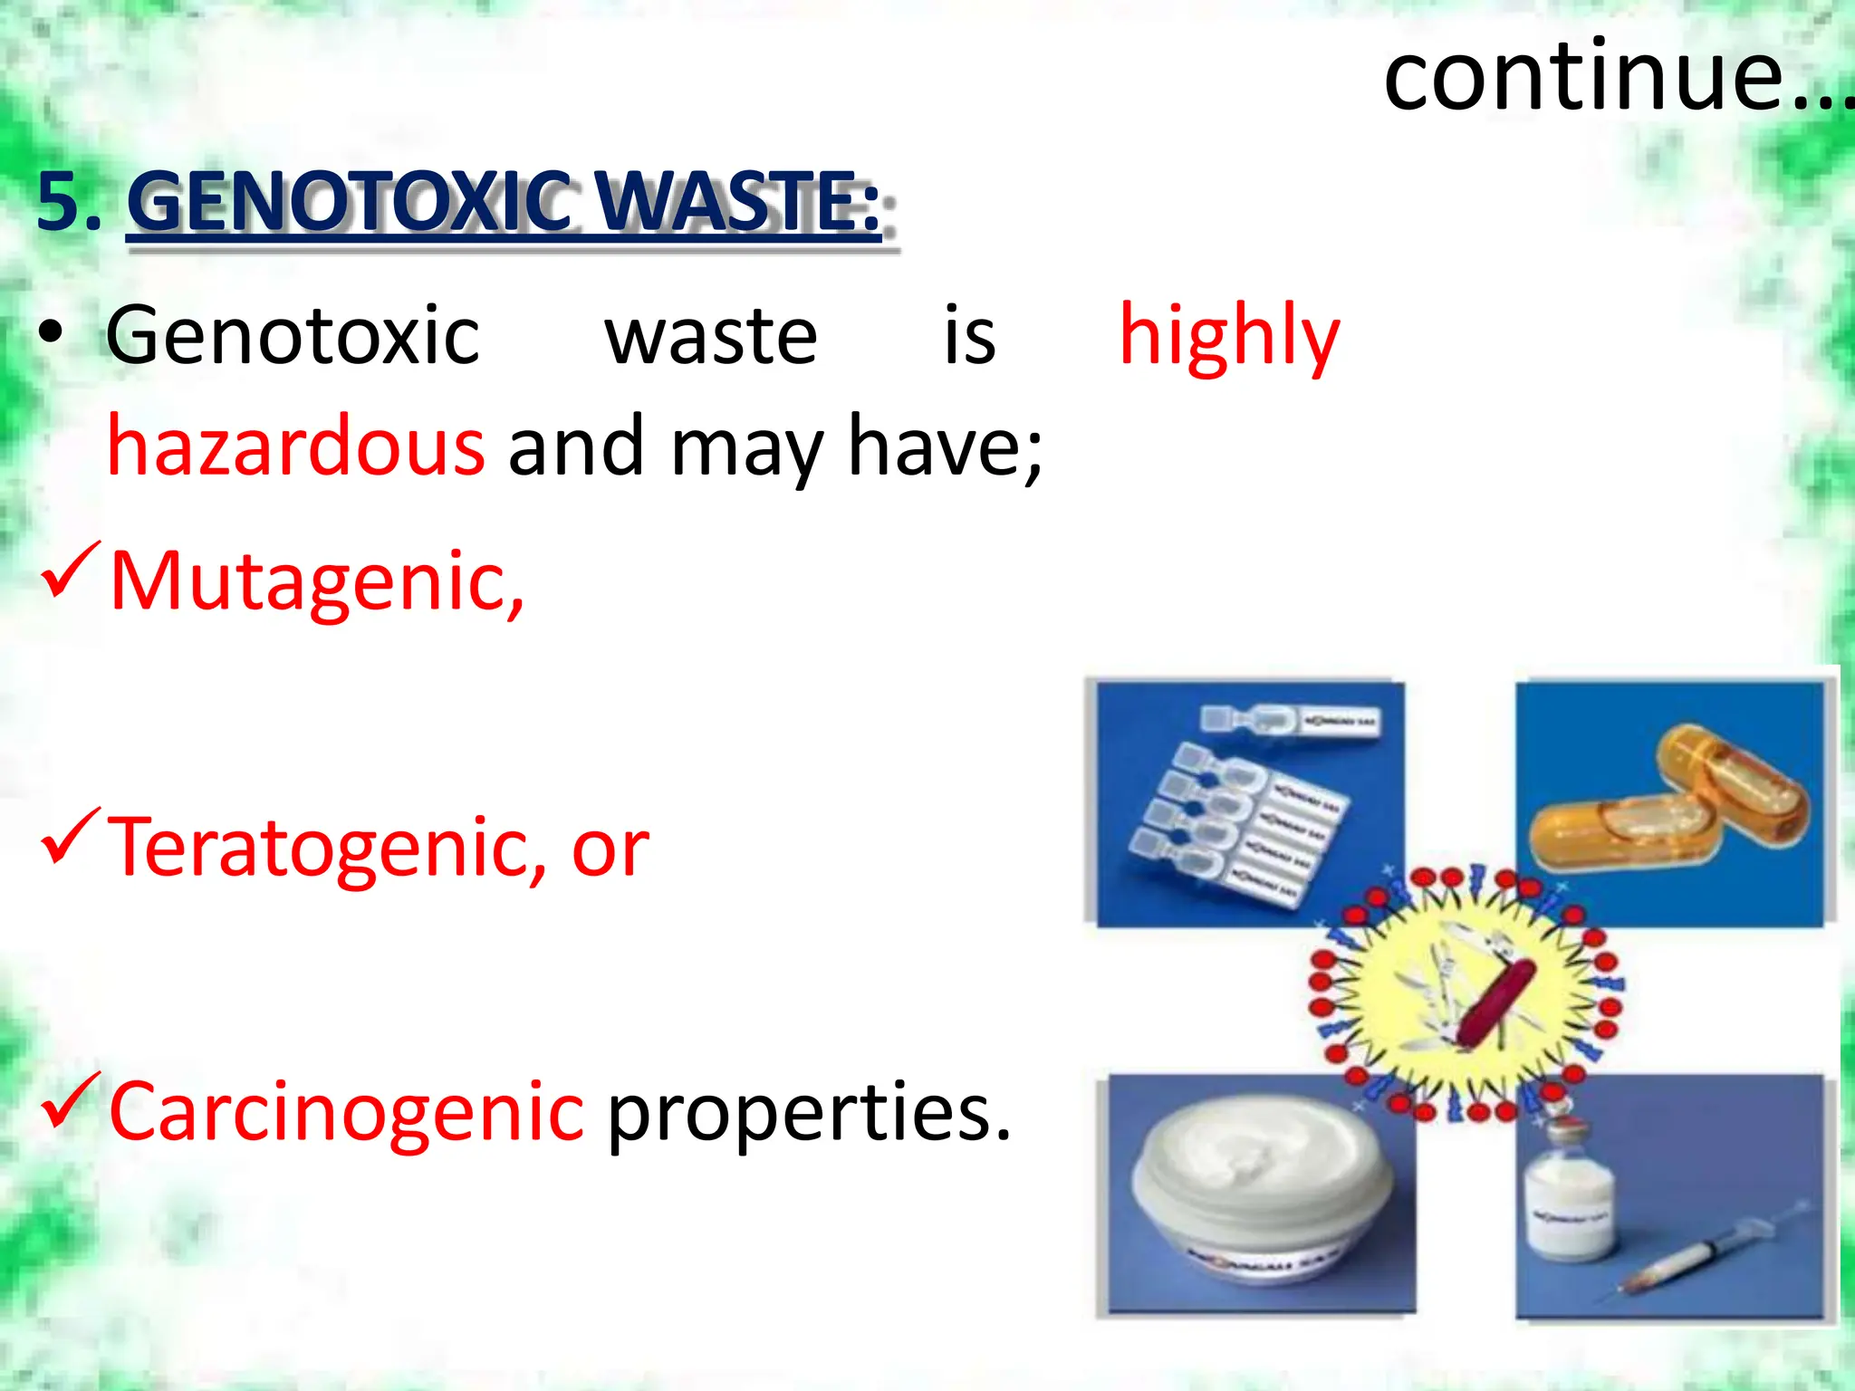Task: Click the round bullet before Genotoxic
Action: click(x=51, y=333)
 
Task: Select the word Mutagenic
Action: click(x=316, y=581)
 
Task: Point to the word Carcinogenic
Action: click(x=346, y=1112)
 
